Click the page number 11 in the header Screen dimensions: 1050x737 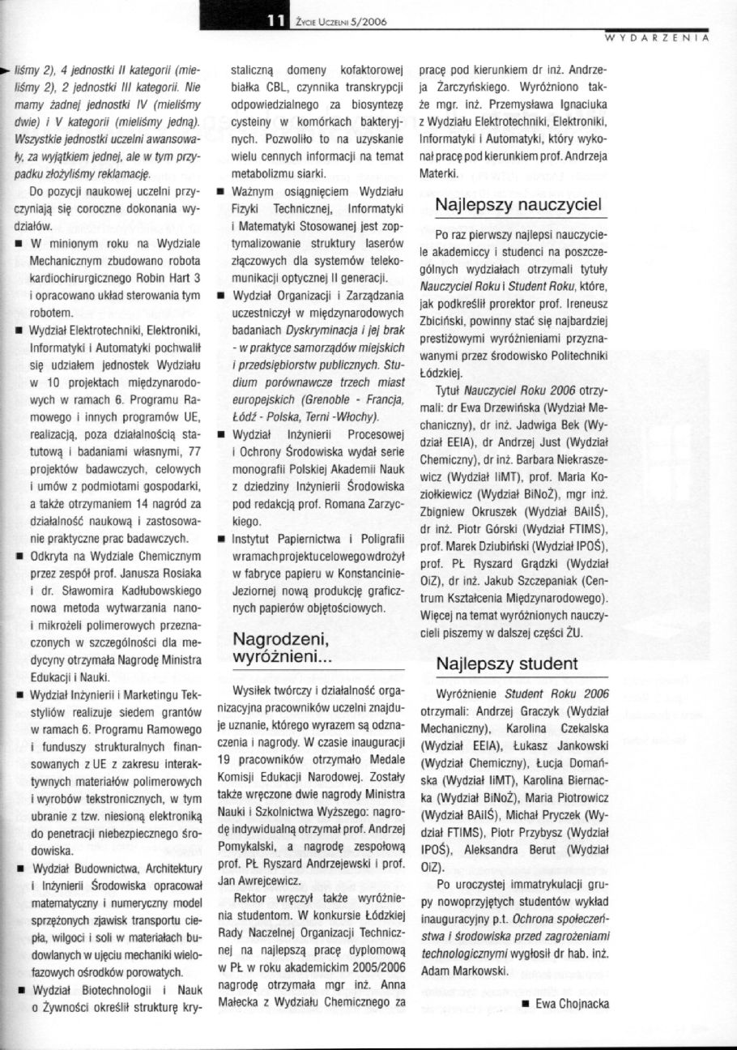pos(275,22)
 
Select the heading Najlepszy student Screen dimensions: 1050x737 pos(507,664)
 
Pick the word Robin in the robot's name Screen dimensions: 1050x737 pos(148,279)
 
